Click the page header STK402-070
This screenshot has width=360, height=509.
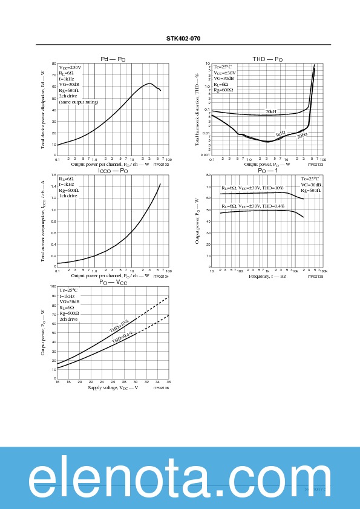point(183,38)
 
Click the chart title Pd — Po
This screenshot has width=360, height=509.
point(113,59)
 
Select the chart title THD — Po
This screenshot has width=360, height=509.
point(267,59)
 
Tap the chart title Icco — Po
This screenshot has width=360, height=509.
point(113,171)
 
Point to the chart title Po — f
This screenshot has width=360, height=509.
point(267,171)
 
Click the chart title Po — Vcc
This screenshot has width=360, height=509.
point(113,283)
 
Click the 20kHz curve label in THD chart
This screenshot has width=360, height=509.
point(270,112)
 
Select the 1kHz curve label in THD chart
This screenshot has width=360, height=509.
point(281,134)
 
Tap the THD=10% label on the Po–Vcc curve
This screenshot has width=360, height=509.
point(119,326)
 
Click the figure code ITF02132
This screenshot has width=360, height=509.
point(161,165)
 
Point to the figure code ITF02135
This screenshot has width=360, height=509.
point(315,276)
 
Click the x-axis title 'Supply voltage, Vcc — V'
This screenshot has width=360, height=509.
point(113,387)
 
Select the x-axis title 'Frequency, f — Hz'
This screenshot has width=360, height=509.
point(267,276)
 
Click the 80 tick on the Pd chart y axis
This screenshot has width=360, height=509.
point(54,64)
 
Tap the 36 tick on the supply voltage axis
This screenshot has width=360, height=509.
point(168,382)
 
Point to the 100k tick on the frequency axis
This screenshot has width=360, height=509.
point(322,271)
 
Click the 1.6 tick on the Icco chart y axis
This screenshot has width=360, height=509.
point(53,175)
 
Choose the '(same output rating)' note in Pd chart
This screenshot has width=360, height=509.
point(79,102)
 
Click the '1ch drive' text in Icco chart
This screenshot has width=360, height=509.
point(68,195)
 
